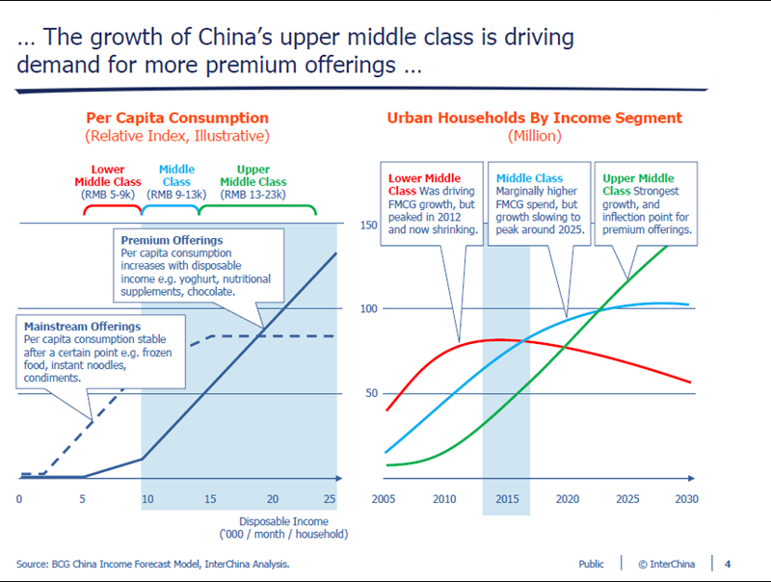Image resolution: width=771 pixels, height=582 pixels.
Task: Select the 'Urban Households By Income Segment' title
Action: tap(534, 119)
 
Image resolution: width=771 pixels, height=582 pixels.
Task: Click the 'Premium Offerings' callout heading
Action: tap(173, 239)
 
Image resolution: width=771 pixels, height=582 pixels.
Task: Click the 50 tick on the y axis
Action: tap(370, 393)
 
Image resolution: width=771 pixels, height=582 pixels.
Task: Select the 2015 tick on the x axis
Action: tap(506, 498)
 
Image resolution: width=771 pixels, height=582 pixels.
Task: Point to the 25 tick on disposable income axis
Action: tap(331, 498)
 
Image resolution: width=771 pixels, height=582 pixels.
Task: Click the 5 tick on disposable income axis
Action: tap(84, 498)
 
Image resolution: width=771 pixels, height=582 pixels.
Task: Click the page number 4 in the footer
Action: tap(728, 563)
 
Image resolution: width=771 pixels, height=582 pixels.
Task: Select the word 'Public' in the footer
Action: tap(592, 563)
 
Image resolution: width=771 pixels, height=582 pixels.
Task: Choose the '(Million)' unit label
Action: tap(534, 136)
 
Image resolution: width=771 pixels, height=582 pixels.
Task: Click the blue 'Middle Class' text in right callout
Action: tap(530, 178)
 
